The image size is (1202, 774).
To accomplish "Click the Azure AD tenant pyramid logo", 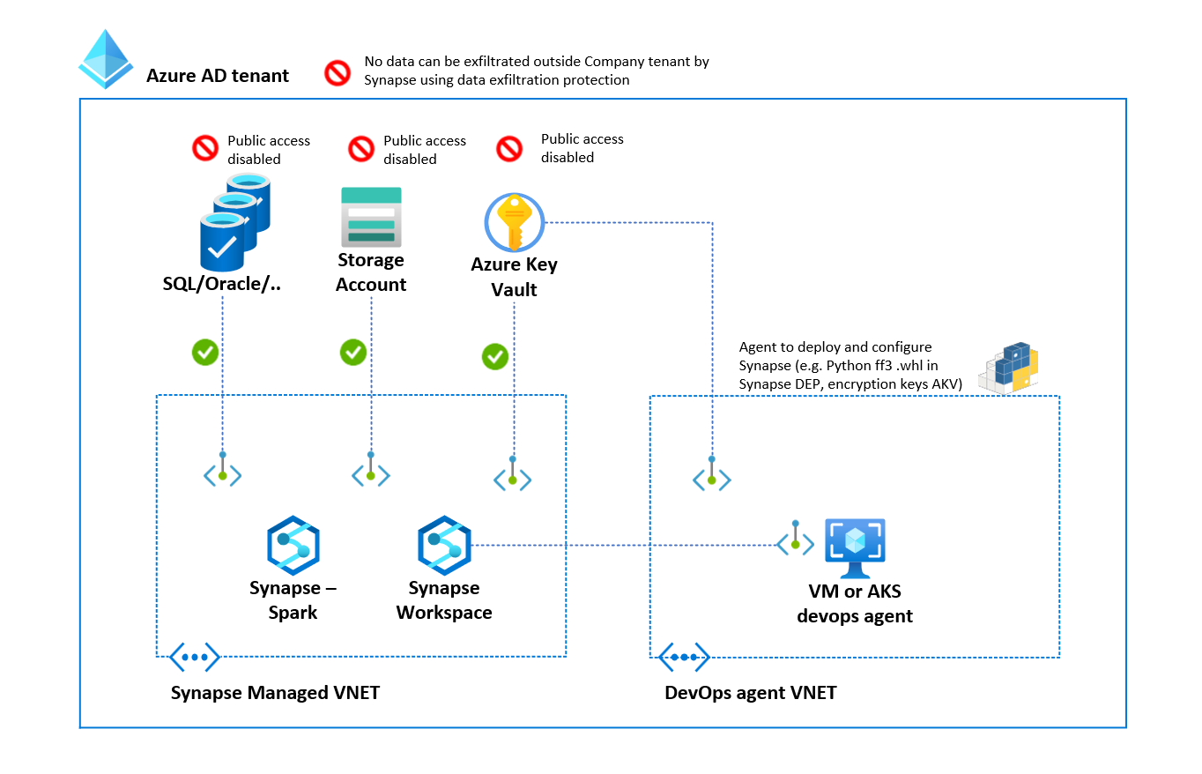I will tap(107, 59).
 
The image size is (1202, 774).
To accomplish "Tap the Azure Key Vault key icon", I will tap(515, 223).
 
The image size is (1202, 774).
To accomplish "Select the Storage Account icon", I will tap(371, 217).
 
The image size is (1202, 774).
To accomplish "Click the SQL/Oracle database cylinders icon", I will tap(228, 222).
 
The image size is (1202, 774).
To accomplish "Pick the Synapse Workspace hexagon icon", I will tap(444, 546).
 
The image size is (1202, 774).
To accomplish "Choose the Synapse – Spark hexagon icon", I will tap(293, 546).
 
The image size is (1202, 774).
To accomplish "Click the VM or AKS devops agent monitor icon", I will tap(855, 540).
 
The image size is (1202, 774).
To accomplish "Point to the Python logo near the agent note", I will tap(1009, 368).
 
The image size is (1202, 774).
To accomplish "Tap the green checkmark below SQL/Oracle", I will tap(205, 353).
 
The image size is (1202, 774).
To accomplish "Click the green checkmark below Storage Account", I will tap(353, 352).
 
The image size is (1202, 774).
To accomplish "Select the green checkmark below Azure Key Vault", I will tap(495, 356).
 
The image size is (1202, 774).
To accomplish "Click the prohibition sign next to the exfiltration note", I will tap(338, 72).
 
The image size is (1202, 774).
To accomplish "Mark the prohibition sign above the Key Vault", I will tap(509, 149).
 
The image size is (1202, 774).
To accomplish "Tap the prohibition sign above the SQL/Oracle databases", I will tap(205, 149).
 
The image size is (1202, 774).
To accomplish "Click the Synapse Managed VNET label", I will tap(275, 693).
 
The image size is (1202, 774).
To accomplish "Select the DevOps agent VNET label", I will tap(750, 693).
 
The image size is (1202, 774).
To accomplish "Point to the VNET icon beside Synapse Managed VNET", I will tap(194, 657).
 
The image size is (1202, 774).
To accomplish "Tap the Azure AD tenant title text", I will tap(218, 76).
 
